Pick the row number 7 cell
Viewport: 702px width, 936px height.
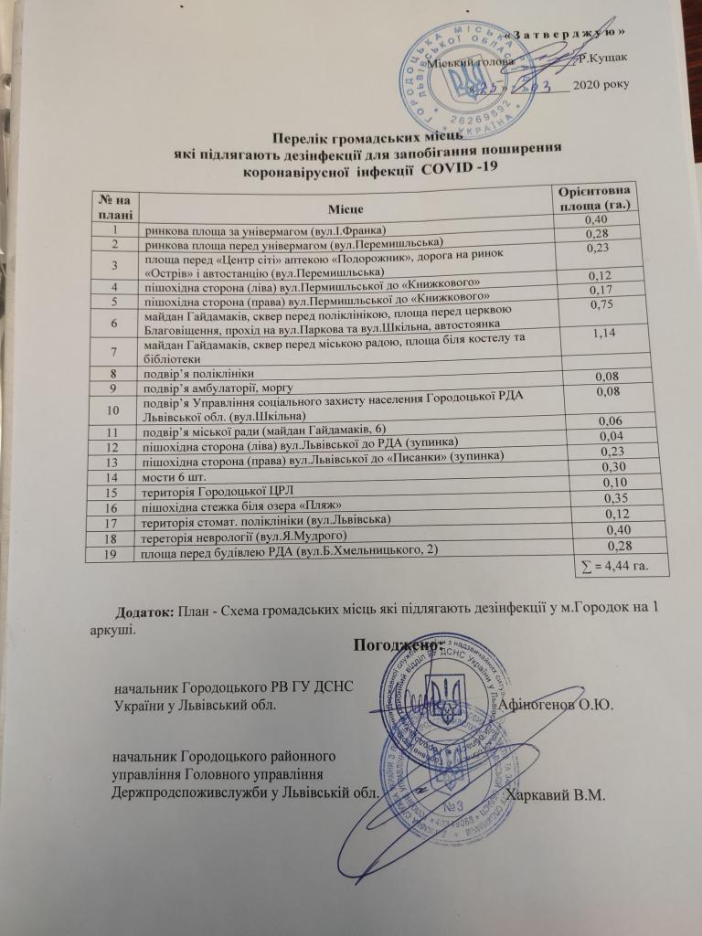pos(113,352)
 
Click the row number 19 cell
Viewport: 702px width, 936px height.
pos(112,551)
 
